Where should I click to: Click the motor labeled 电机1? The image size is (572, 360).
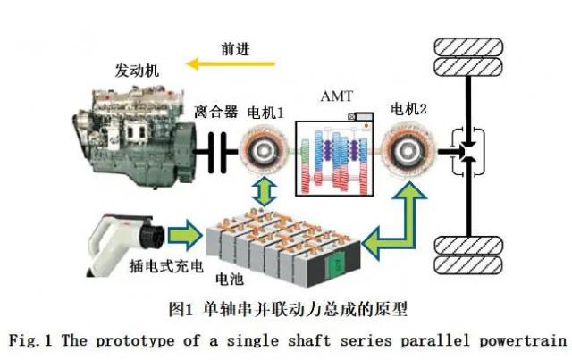pyautogui.click(x=264, y=147)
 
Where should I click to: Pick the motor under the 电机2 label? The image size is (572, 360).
pyautogui.click(x=412, y=147)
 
